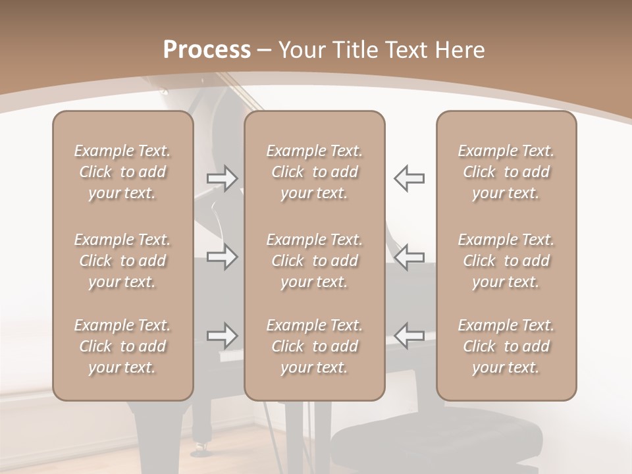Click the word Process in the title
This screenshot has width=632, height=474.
207,50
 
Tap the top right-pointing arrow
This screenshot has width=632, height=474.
222,178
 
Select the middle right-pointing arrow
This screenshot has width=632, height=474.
222,257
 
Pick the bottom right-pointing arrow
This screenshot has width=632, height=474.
222,336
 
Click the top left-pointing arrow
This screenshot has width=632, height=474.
409,178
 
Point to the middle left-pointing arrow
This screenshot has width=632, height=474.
409,257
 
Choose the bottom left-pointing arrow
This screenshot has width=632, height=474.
409,336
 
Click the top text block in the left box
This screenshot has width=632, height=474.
122,172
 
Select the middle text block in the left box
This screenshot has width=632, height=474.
122,261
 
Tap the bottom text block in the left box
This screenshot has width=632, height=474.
122,346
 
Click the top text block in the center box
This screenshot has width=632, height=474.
315,172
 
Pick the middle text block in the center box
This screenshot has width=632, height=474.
315,261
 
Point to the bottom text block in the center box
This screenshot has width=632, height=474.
315,346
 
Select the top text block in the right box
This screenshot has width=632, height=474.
506,172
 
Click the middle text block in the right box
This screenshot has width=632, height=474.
506,261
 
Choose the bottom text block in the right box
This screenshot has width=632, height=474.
506,346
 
